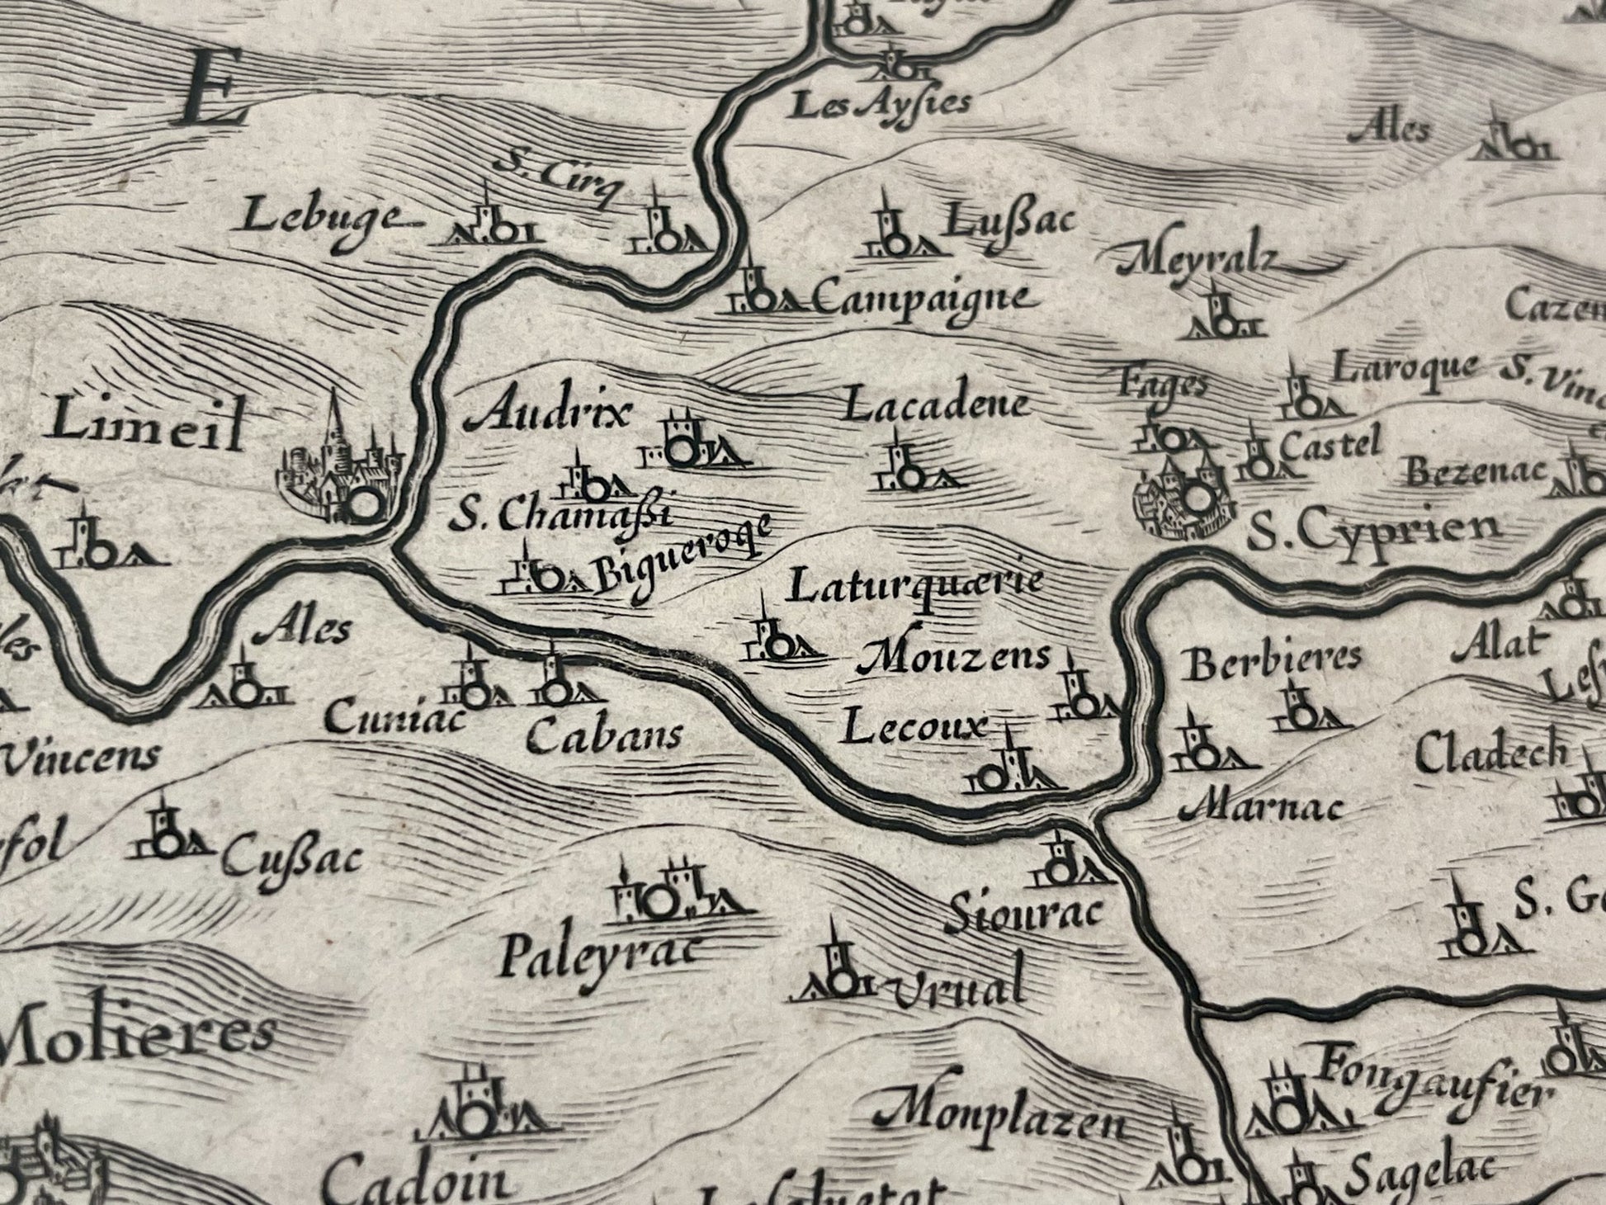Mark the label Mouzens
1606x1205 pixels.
click(955, 656)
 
